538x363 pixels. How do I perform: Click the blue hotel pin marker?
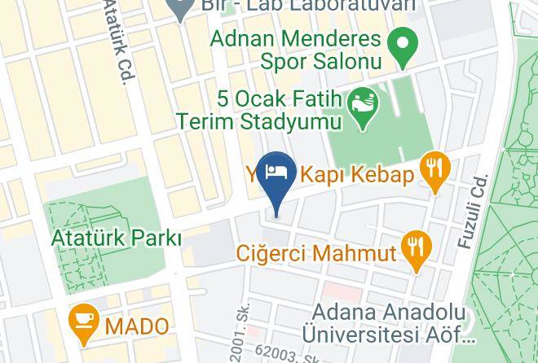[x=277, y=174]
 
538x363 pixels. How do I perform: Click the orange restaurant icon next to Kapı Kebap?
[x=434, y=170]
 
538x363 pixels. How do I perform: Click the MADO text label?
[x=137, y=326]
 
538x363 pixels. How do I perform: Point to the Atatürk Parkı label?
[x=116, y=238]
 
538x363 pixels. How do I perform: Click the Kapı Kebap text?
[x=358, y=174]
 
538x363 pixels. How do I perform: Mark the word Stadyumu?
[x=298, y=122]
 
